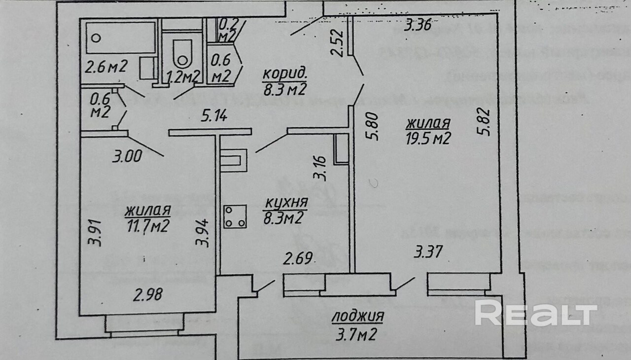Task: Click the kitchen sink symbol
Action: tap(232, 160)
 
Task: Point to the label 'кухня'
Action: tap(286, 203)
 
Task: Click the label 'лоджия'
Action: tap(358, 316)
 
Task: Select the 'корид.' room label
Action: tap(284, 74)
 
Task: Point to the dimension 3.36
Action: tap(418, 25)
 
